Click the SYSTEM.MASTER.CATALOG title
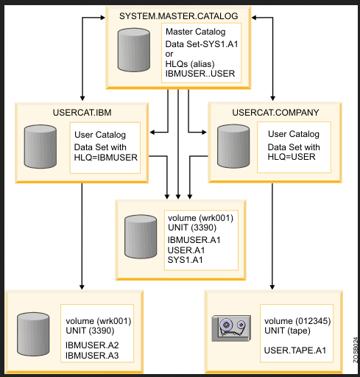[x=178, y=16]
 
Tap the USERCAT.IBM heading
[x=82, y=113]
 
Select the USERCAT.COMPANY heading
[x=275, y=113]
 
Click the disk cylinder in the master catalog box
[x=134, y=50]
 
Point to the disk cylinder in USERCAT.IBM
[x=40, y=147]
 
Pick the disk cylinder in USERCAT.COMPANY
[x=233, y=146]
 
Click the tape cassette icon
[x=231, y=328]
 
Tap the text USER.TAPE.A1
[x=295, y=350]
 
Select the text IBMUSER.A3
[x=92, y=356]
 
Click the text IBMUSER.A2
[x=92, y=345]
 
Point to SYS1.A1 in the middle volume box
[x=185, y=260]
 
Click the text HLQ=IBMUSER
[x=106, y=158]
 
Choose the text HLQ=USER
[x=292, y=157]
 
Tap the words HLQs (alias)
[x=190, y=64]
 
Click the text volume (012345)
[x=297, y=321]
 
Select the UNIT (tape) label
[x=287, y=331]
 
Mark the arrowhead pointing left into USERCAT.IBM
[x=152, y=133]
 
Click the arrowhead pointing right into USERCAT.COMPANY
[x=204, y=133]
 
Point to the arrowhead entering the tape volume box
[x=272, y=287]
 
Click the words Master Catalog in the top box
[x=196, y=32]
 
